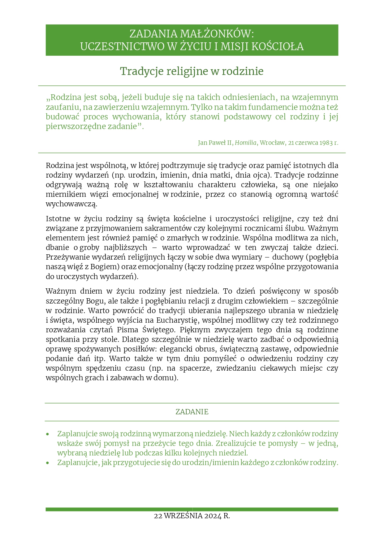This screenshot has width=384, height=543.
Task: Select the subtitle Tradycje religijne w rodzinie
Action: tap(192, 71)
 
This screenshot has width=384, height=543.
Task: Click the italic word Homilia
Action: tap(245, 143)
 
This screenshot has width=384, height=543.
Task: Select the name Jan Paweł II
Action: tap(215, 143)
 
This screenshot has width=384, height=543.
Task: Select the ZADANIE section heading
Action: tap(192, 412)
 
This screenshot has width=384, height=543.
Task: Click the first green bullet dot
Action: tap(48, 434)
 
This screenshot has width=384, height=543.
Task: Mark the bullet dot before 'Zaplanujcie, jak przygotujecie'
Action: tap(48, 463)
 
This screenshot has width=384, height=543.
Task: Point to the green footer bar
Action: tap(192, 509)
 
